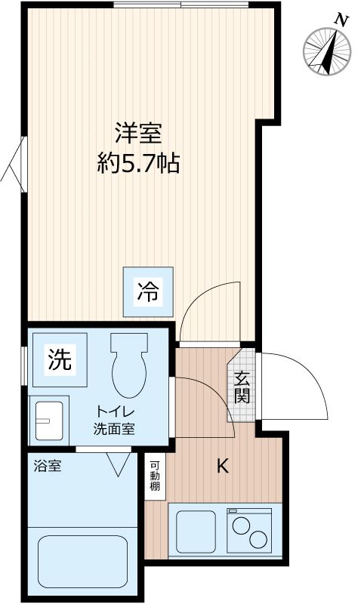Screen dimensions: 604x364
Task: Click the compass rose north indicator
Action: tap(327, 51)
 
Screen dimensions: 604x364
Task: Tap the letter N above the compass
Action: tap(342, 20)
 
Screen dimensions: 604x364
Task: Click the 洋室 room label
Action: tap(138, 133)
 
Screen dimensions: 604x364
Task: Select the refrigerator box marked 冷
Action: tap(148, 291)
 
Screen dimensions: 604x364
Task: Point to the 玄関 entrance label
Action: tap(242, 387)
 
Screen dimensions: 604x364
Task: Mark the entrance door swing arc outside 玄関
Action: tap(302, 385)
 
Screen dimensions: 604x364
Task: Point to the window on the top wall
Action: tap(180, 5)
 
